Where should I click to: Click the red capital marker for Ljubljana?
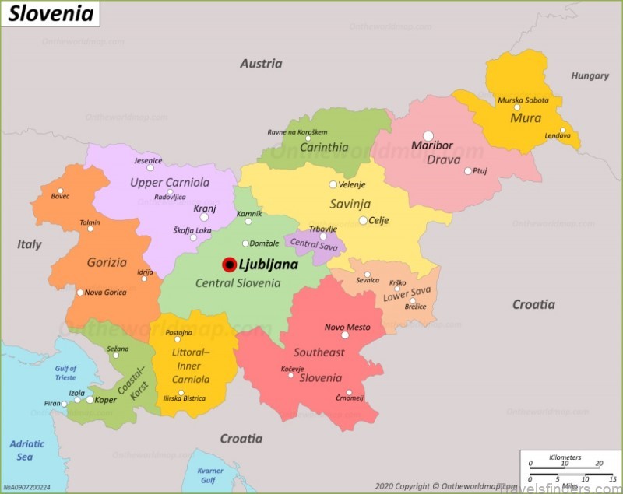[229, 265]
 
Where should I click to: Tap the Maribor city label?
[432, 145]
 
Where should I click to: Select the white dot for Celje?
[363, 221]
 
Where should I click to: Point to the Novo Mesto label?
[347, 328]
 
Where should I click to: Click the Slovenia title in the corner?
[51, 13]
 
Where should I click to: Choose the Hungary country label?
[590, 76]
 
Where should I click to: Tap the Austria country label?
[261, 64]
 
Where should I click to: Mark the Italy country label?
[30, 244]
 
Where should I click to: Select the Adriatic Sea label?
[26, 450]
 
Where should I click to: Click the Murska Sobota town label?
[523, 100]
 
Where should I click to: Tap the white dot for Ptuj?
[468, 171]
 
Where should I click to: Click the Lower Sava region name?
[407, 294]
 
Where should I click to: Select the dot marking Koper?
[90, 400]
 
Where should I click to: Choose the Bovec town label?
[60, 196]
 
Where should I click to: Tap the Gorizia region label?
[107, 262]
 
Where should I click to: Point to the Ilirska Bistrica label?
[185, 398]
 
